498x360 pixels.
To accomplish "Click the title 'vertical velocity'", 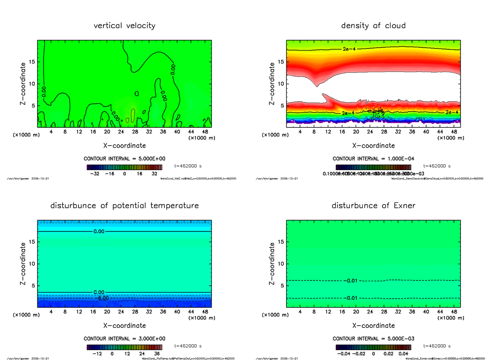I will pos(124,26).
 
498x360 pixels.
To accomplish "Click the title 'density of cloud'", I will pos(373,26).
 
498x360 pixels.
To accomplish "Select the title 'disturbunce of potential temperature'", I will pos(124,206).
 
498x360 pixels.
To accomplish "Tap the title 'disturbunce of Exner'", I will pos(373,206).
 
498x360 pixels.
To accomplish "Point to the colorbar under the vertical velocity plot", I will pos(124,168).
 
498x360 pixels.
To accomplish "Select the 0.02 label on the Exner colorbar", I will pos(388,354).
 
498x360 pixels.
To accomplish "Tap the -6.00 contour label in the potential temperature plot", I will pos(101,298).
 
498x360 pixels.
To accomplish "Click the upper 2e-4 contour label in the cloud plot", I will pos(349,49).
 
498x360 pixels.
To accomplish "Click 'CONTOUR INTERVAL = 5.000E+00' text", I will pos(124,159).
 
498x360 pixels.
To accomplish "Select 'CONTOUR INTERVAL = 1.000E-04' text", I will pos(373,159).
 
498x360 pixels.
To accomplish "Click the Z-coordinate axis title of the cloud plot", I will pos(272,83).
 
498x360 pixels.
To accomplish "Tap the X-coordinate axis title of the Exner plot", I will pos(373,326).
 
